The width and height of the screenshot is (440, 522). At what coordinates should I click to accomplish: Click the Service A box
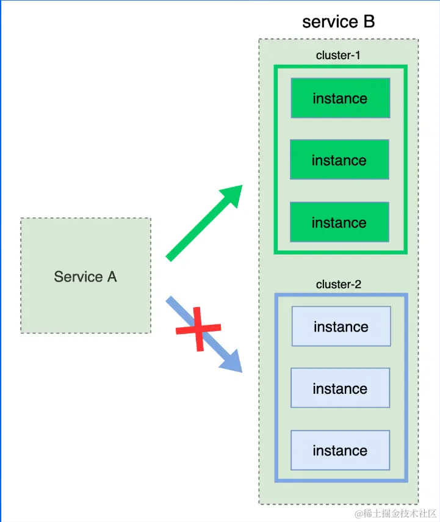pos(85,275)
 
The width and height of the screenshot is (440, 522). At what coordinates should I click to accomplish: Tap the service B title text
pos(338,22)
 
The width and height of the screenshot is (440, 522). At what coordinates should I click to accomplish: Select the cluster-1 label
pos(338,55)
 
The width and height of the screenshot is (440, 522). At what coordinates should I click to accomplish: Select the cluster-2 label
pos(338,285)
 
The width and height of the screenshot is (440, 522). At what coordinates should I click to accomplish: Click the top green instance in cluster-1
pos(340,98)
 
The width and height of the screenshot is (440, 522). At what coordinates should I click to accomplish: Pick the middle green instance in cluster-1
pos(339,160)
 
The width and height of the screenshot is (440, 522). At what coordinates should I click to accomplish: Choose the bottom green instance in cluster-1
pos(339,222)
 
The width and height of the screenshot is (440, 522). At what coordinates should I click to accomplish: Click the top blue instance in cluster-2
pos(341,327)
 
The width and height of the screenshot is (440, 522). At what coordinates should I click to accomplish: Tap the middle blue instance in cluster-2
pos(340,388)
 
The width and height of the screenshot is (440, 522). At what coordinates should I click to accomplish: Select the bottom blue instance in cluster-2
pos(340,451)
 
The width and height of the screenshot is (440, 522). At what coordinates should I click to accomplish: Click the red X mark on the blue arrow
pos(198,329)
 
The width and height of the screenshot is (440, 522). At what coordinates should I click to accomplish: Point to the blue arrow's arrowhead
pos(232,362)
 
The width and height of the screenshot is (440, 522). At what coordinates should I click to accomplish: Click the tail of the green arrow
pos(171,257)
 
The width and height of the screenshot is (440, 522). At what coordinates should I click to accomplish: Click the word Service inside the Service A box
pos(79,277)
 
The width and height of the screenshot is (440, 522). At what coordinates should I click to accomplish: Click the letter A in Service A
pos(112,277)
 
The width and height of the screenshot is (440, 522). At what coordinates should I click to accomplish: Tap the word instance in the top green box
pos(340,98)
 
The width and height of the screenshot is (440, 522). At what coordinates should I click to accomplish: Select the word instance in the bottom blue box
pos(340,451)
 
